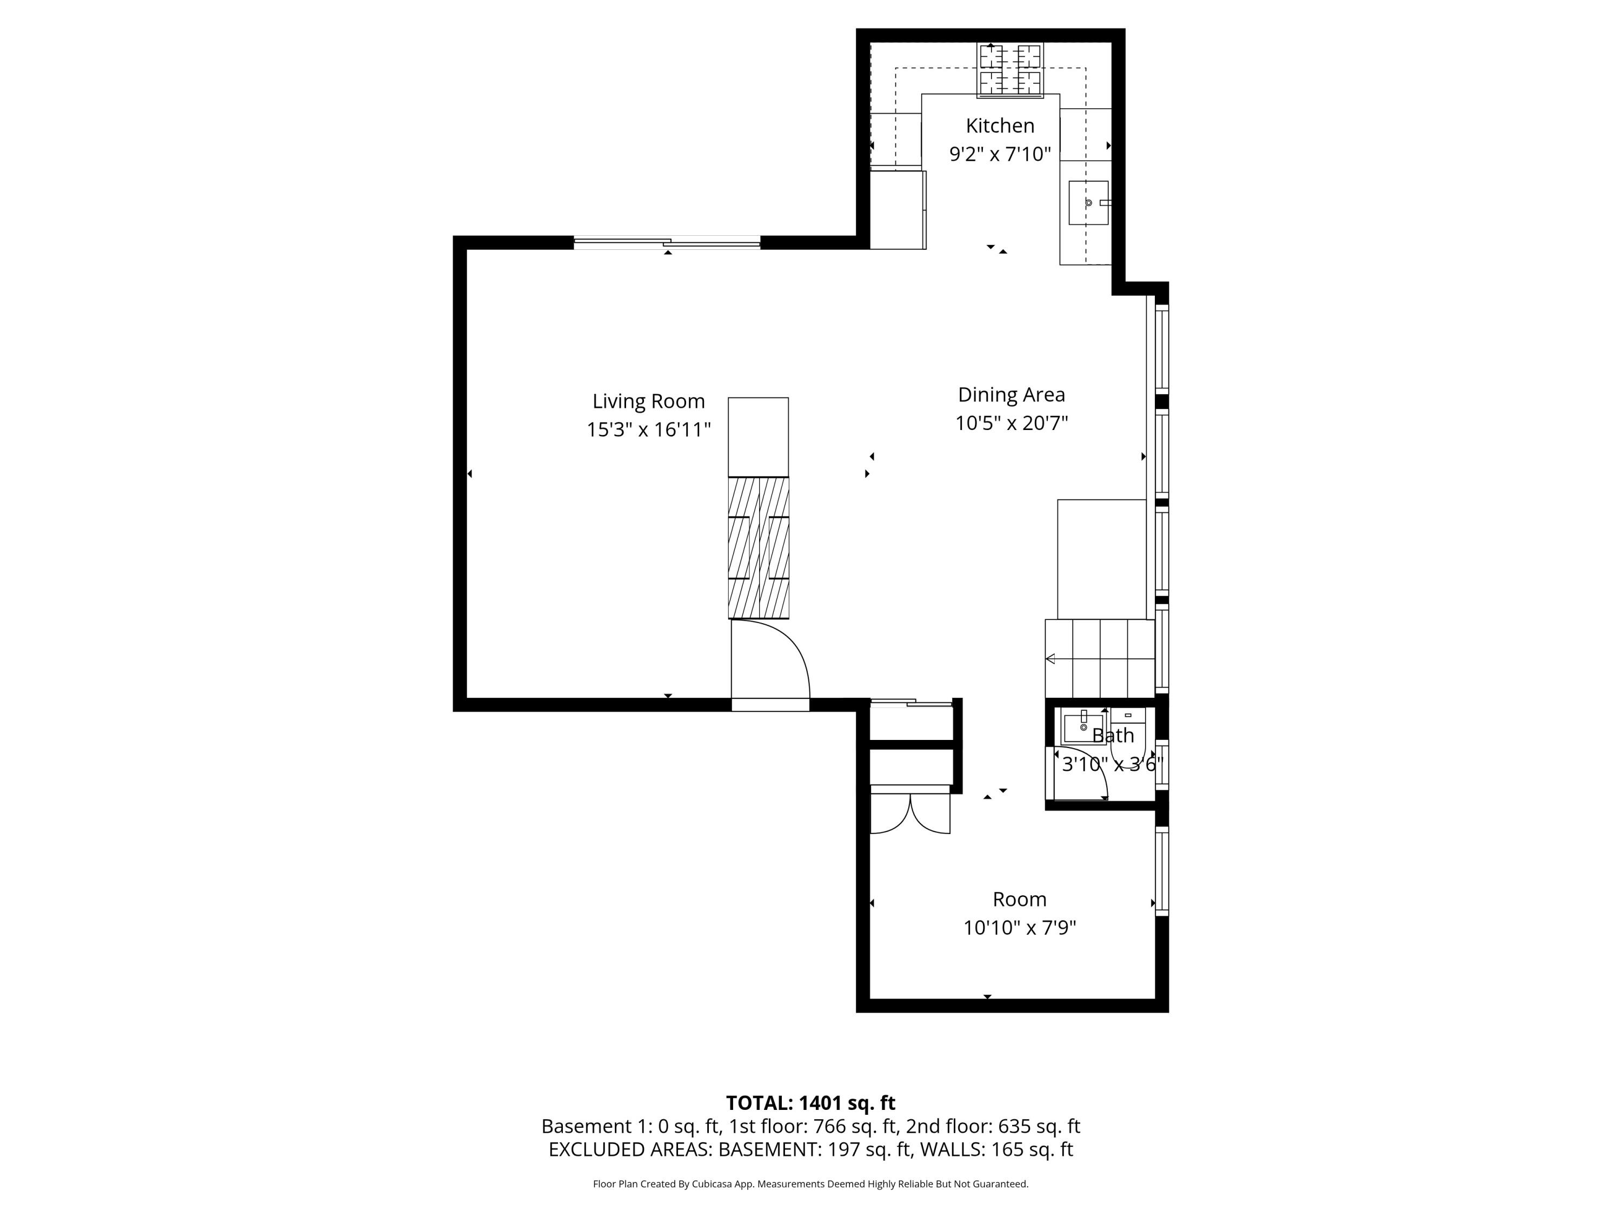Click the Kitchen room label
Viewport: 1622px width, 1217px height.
point(1000,125)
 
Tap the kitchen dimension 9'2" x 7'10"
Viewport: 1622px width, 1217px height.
point(1000,154)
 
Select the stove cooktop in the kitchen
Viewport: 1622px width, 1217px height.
point(1011,70)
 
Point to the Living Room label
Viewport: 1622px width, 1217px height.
point(648,401)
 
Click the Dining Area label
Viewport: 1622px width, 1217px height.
point(1011,395)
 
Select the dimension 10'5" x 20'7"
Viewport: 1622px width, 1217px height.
point(1011,424)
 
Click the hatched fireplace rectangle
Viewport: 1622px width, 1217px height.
point(758,547)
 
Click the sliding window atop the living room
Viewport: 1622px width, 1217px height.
point(667,242)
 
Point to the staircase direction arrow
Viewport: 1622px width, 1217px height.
point(1051,659)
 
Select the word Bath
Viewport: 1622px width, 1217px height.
point(1112,735)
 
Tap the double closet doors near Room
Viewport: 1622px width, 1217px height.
point(910,815)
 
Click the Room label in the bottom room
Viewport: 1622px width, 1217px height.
point(1019,899)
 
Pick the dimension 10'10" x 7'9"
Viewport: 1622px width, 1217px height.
point(1019,928)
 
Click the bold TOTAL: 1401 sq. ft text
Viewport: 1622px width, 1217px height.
point(810,1102)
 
